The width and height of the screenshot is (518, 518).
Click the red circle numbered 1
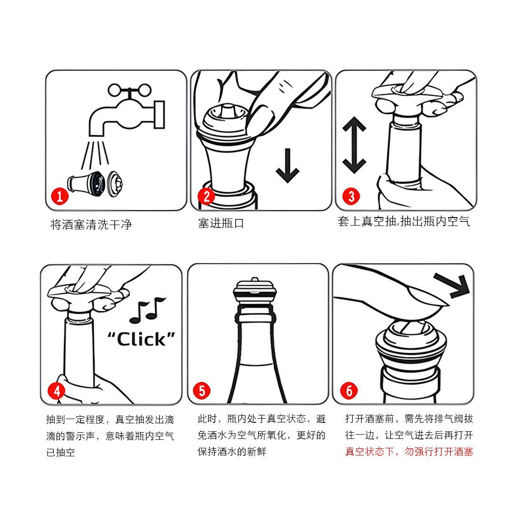[x=59, y=196]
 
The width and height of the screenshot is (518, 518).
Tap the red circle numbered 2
[x=206, y=196]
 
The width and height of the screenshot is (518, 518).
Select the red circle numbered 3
[x=351, y=196]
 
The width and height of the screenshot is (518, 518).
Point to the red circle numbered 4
[x=57, y=391]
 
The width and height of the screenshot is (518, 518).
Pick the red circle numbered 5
[x=202, y=391]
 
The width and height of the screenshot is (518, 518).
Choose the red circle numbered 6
[x=349, y=391]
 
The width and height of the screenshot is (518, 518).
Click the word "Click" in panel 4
[x=141, y=339]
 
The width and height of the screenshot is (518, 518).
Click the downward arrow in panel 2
[x=287, y=165]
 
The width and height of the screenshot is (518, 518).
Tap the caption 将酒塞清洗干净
[x=91, y=225]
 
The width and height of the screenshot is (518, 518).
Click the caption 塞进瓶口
[x=221, y=223]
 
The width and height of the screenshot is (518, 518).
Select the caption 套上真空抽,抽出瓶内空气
[x=404, y=221]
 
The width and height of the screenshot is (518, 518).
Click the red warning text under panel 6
[x=409, y=451]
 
